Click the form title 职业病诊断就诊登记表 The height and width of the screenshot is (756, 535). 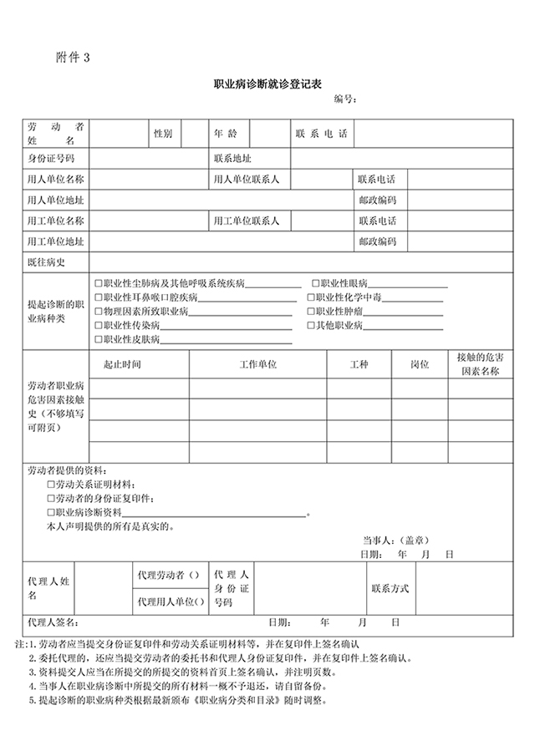tap(268, 84)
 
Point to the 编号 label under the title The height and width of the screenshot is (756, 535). tap(345, 100)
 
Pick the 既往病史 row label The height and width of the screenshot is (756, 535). tap(46, 262)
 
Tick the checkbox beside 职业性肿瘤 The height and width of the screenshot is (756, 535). tap(312, 312)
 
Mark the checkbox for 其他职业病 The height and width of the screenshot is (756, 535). tap(312, 325)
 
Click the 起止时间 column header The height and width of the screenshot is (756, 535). tap(122, 365)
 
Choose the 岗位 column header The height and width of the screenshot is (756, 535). tap(420, 365)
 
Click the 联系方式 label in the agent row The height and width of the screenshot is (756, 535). tap(390, 589)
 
